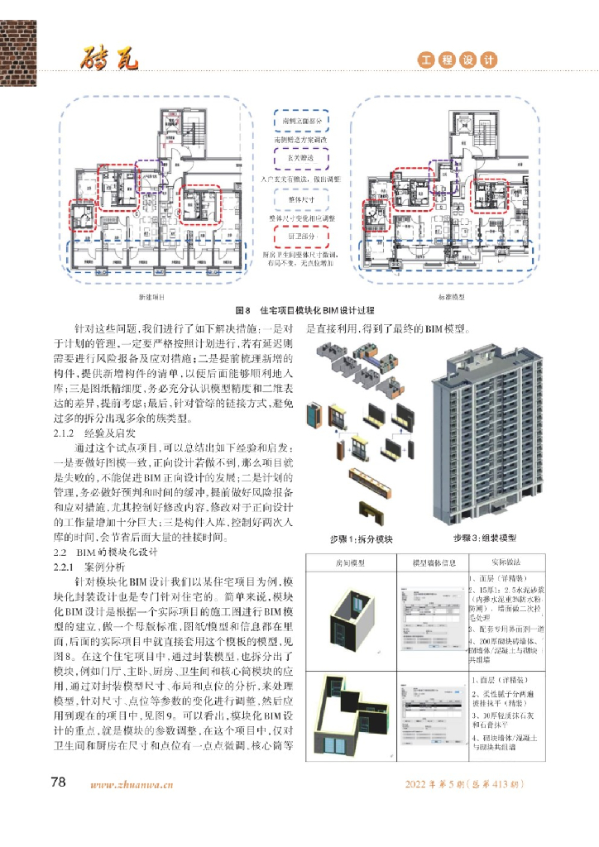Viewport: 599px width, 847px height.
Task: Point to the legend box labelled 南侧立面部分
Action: click(x=298, y=120)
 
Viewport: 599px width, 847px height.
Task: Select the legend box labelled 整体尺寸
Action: click(x=298, y=199)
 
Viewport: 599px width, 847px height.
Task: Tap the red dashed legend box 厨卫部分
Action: click(x=298, y=237)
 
